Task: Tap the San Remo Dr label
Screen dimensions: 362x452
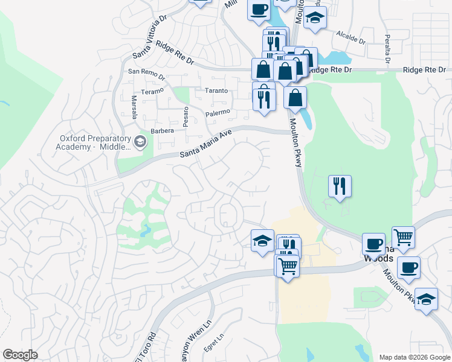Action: click(146, 74)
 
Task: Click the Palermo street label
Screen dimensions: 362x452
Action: click(218, 112)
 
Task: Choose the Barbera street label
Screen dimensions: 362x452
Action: click(163, 130)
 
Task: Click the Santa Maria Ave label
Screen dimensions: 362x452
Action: click(206, 147)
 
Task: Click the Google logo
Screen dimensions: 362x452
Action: click(20, 355)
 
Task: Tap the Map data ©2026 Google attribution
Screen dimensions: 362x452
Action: click(414, 357)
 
